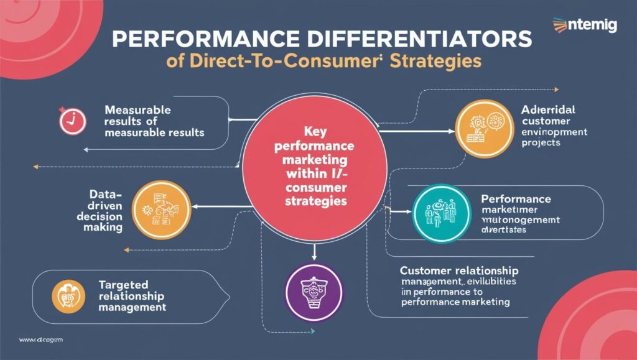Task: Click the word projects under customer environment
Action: tap(541, 142)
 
